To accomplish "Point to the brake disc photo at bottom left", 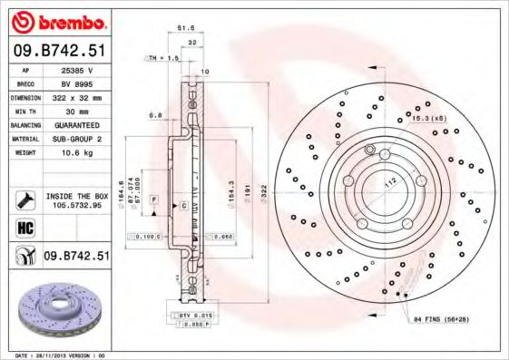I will pyautogui.click(x=56, y=313).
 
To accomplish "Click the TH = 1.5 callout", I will pyautogui.click(x=164, y=57).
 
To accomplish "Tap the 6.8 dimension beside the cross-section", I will pyautogui.click(x=155, y=116).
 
